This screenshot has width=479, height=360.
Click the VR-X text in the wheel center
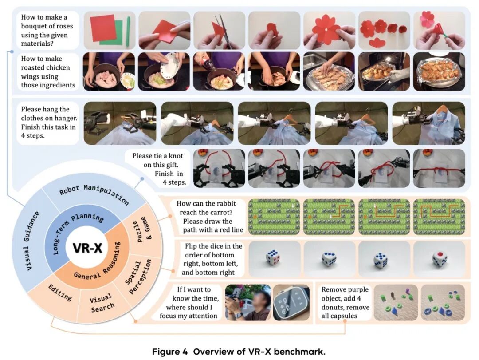87,248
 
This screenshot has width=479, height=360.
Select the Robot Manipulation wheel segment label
94,194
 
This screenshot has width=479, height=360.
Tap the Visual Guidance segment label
31,241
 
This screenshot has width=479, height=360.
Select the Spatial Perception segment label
138,277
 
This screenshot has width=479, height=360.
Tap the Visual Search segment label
102,303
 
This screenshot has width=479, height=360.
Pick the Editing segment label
60,293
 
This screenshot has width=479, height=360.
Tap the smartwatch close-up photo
291,302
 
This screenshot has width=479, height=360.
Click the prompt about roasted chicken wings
48,72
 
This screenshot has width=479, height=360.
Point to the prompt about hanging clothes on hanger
49,123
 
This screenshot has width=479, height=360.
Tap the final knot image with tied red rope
439,168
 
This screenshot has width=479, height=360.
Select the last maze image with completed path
439,217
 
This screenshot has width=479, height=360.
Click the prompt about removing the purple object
345,302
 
